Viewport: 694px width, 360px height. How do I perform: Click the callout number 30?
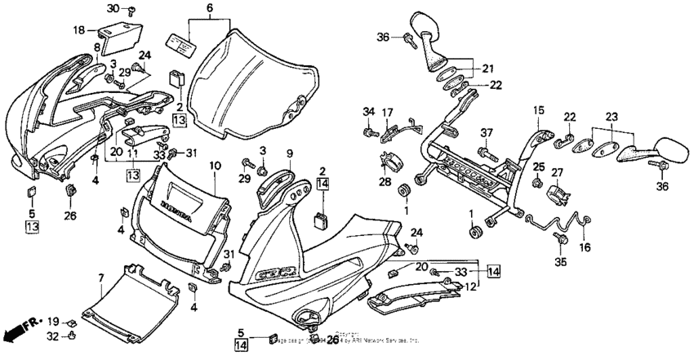(x=113, y=8)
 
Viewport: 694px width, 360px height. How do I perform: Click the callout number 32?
(x=51, y=336)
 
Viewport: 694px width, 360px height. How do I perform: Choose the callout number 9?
(x=288, y=154)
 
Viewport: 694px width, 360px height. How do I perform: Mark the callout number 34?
(x=367, y=112)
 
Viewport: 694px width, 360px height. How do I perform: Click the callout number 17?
(x=389, y=112)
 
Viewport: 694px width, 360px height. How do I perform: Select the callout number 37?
(x=487, y=133)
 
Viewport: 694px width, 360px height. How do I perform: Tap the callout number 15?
(x=539, y=109)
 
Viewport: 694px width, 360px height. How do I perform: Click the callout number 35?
(x=560, y=264)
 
